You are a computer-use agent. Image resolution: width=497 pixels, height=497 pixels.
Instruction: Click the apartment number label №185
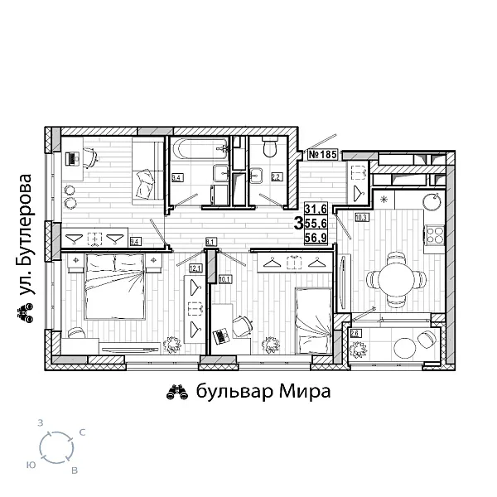tap(322, 154)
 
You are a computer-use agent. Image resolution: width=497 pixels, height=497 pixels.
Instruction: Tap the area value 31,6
tap(316, 210)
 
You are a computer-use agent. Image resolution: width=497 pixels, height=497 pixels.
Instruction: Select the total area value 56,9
tap(316, 238)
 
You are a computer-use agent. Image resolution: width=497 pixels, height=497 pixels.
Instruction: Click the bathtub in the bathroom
tap(200, 152)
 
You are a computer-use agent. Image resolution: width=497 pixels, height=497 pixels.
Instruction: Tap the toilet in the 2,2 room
tap(268, 150)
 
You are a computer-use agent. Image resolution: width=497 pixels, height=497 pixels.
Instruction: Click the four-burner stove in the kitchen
tap(434, 235)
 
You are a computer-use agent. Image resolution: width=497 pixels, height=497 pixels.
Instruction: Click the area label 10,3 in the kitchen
tap(361, 218)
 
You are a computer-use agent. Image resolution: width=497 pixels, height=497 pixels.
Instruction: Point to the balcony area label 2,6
tap(356, 333)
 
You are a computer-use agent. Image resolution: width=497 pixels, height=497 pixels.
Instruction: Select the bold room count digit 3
tap(297, 224)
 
